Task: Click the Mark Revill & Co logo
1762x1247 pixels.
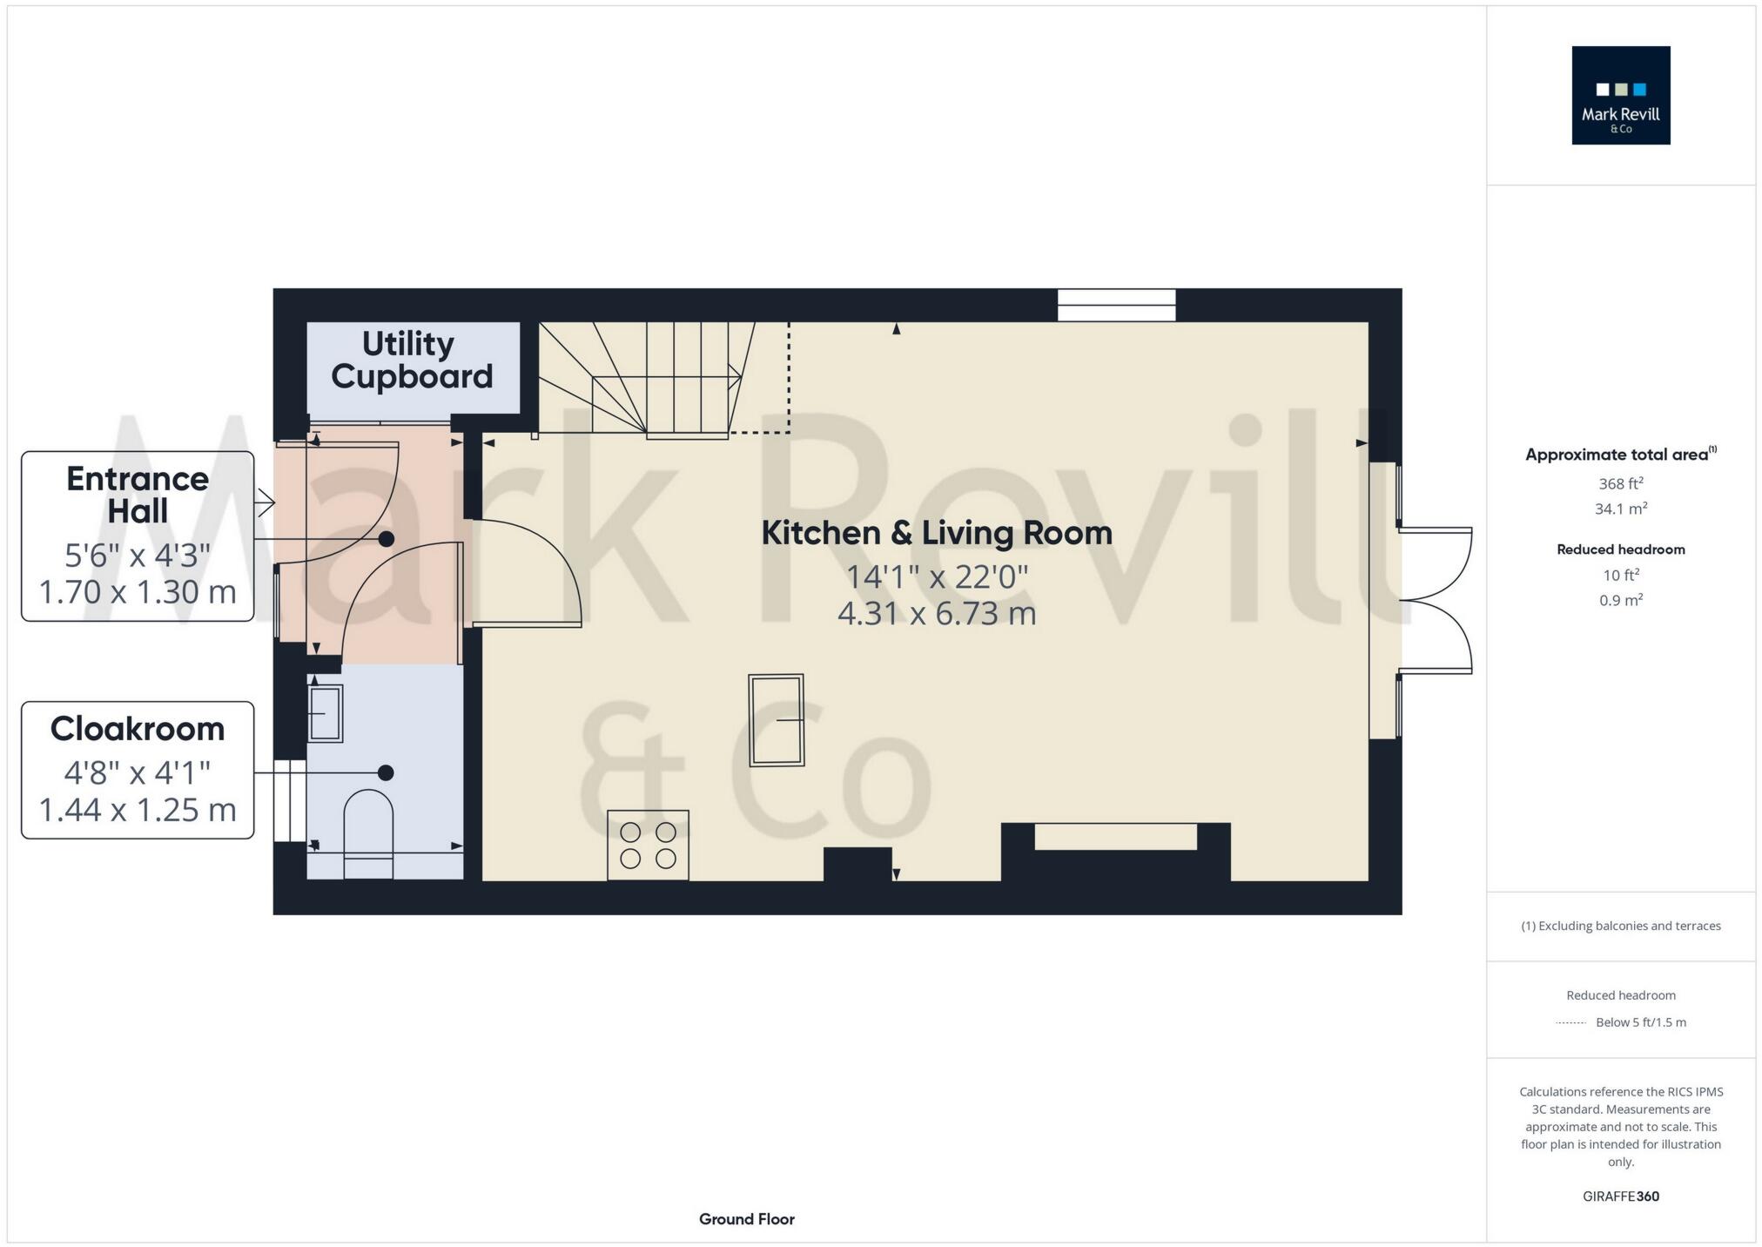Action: pos(1620,95)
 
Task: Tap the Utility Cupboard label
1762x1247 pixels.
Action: pos(411,361)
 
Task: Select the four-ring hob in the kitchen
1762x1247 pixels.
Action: pos(648,845)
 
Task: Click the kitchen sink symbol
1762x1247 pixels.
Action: pos(776,720)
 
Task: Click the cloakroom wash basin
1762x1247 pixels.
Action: pos(325,713)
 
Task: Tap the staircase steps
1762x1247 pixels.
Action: pos(662,380)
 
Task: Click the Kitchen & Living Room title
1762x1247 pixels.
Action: pos(937,533)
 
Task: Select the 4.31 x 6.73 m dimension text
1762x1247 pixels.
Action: pos(937,614)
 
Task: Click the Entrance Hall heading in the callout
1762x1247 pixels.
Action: pos(138,495)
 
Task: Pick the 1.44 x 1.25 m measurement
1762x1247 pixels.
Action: pos(138,810)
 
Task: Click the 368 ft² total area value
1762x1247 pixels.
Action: pos(1620,483)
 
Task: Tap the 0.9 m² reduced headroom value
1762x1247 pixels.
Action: pos(1620,600)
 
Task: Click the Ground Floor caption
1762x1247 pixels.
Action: pos(746,1219)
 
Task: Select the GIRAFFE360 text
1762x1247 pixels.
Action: pos(1620,1196)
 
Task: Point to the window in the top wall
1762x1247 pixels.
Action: pos(1116,306)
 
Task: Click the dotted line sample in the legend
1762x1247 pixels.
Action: pos(1570,1022)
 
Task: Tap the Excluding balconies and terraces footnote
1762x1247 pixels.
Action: pos(1620,926)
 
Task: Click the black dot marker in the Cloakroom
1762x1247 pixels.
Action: pos(386,772)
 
